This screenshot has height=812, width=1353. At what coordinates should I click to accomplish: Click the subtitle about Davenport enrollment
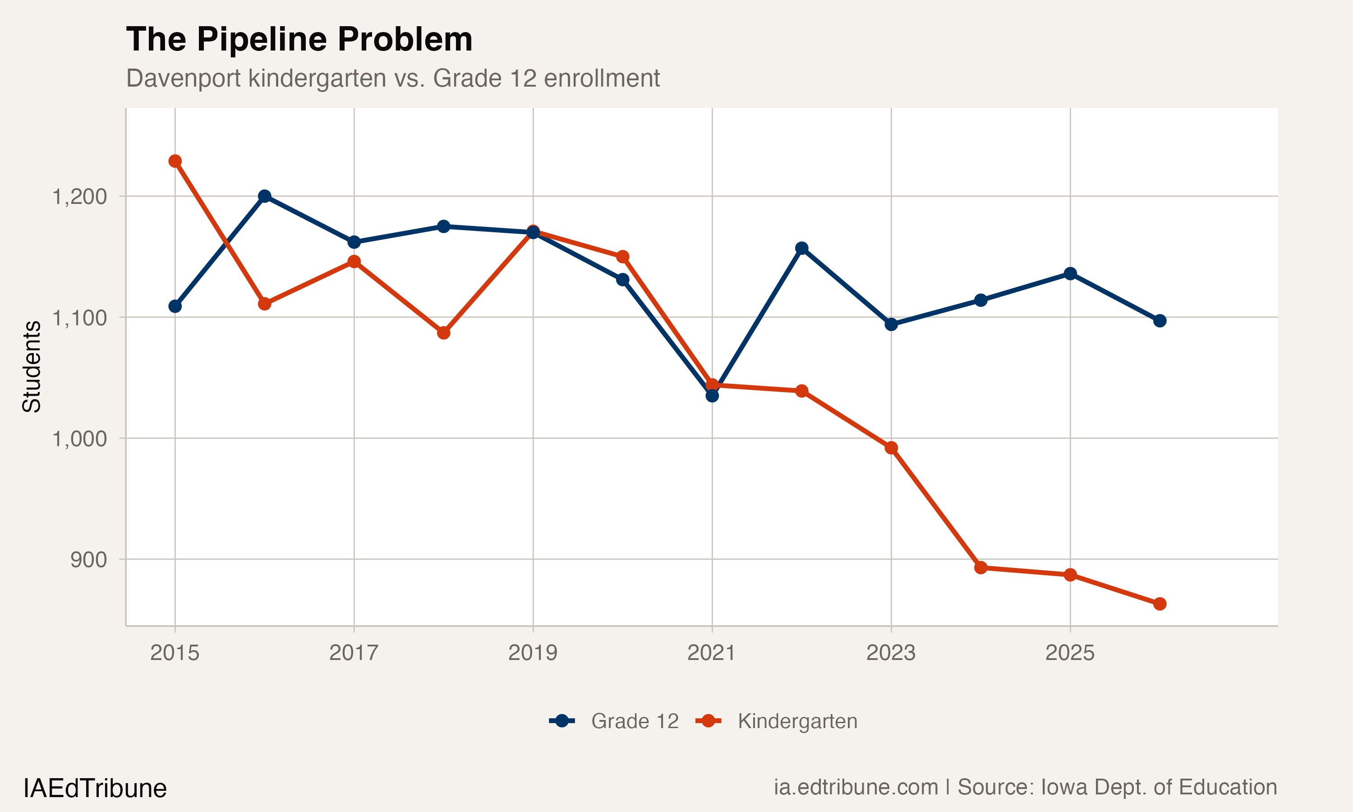pos(393,78)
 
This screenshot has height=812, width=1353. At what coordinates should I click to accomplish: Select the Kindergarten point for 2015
pos(175,161)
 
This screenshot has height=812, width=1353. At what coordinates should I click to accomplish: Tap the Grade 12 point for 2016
pos(265,196)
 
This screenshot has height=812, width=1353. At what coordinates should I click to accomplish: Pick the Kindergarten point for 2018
pos(443,332)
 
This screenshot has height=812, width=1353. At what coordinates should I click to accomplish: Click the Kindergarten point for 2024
pos(980,567)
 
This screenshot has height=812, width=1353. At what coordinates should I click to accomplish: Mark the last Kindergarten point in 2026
pos(1160,604)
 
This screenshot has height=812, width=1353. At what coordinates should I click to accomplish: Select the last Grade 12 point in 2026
pos(1160,321)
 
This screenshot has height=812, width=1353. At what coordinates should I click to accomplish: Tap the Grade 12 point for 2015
pos(175,306)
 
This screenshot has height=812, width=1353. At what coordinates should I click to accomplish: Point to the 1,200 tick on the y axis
pos(80,196)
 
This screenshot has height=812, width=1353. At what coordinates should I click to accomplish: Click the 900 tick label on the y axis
pos(88,560)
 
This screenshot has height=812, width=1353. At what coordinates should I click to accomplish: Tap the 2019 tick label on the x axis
pos(533,653)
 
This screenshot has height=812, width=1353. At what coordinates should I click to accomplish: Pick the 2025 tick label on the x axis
pos(1070,653)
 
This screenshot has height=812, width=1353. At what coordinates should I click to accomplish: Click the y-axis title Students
pos(32,367)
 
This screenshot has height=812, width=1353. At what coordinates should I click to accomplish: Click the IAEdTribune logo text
pos(95,789)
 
